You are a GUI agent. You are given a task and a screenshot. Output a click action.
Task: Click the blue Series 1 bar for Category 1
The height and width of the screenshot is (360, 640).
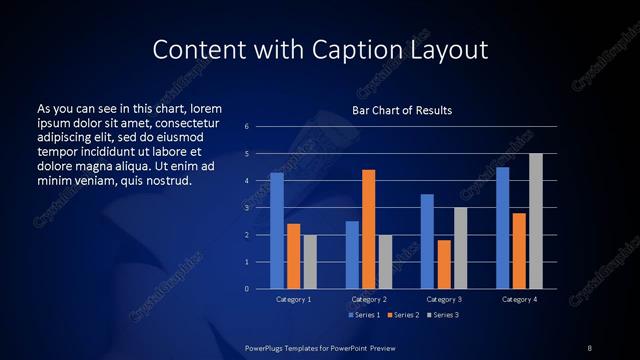tap(277, 231)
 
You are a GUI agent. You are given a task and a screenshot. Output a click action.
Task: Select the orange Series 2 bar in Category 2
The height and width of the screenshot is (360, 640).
tap(368, 229)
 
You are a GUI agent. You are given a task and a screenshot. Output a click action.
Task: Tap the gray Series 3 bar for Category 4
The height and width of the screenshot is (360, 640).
tap(536, 221)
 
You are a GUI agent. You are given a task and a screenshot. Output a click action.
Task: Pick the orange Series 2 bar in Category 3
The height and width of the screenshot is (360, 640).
tap(444, 264)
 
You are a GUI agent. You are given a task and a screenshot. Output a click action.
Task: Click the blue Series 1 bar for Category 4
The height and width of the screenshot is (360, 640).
tap(502, 228)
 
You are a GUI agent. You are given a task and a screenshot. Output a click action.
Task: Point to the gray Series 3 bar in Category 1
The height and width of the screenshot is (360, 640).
tap(310, 262)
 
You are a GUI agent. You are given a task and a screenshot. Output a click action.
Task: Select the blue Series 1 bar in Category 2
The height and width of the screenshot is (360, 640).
tap(352, 255)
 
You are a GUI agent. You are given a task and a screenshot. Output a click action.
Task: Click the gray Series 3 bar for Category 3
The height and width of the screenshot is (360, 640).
tap(460, 248)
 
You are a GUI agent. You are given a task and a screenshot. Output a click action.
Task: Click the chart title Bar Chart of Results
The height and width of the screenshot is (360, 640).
tap(402, 110)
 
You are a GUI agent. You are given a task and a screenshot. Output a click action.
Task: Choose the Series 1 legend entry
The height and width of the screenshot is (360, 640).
tap(363, 315)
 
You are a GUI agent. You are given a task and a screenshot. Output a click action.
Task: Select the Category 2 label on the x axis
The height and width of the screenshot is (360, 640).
tap(368, 299)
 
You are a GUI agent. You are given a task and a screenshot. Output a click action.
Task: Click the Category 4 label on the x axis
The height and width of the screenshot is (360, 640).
tap(518, 299)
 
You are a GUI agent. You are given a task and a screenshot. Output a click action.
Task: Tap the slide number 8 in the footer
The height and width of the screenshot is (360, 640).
tap(589, 347)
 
